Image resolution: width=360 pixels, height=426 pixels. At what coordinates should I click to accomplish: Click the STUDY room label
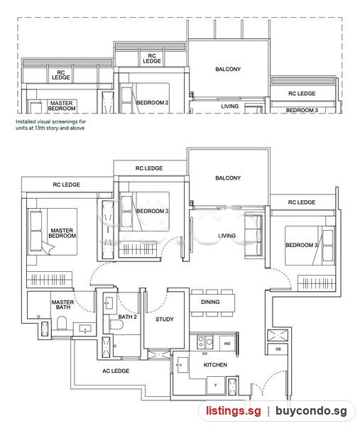click(164, 319)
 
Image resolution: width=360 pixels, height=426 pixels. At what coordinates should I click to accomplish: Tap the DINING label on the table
click(210, 302)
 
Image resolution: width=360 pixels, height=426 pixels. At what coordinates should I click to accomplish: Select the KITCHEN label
click(215, 365)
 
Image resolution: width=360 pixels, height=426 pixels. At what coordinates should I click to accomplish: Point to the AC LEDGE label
click(116, 371)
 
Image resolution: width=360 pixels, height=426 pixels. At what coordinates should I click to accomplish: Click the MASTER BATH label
click(62, 305)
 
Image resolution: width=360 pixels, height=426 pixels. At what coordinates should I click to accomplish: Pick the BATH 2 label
click(127, 317)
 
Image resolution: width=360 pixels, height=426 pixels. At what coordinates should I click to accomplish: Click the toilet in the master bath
click(62, 323)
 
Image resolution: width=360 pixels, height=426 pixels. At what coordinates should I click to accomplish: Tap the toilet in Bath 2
click(116, 324)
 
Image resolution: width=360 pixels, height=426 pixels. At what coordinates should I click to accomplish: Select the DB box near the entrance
click(278, 349)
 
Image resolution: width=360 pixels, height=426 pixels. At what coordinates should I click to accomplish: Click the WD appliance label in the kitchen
click(227, 344)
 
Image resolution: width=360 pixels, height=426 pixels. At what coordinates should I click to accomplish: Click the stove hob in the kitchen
click(205, 342)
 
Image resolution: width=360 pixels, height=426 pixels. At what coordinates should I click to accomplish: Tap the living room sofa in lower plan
click(253, 235)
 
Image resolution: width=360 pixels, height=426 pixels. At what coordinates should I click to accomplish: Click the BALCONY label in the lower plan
click(228, 178)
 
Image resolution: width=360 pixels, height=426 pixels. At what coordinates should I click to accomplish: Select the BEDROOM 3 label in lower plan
click(301, 245)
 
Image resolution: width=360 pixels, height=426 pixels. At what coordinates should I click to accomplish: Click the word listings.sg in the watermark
click(233, 410)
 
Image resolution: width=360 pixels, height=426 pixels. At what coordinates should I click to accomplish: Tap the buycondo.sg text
click(311, 410)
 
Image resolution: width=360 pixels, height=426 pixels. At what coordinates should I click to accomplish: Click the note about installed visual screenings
click(51, 125)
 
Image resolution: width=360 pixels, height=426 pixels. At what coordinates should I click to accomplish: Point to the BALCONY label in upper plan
click(228, 70)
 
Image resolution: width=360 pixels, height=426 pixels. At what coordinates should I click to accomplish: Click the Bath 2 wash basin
click(109, 303)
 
